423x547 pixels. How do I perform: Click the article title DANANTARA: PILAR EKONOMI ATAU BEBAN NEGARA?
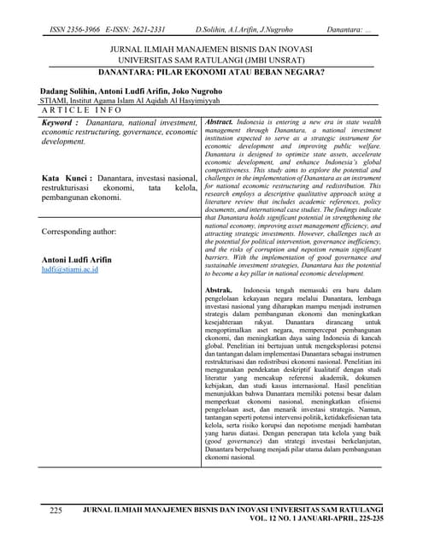(212, 74)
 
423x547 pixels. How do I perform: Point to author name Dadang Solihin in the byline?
(70, 90)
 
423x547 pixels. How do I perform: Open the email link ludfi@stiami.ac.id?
(70, 269)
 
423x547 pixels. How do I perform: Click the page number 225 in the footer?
(56, 509)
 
